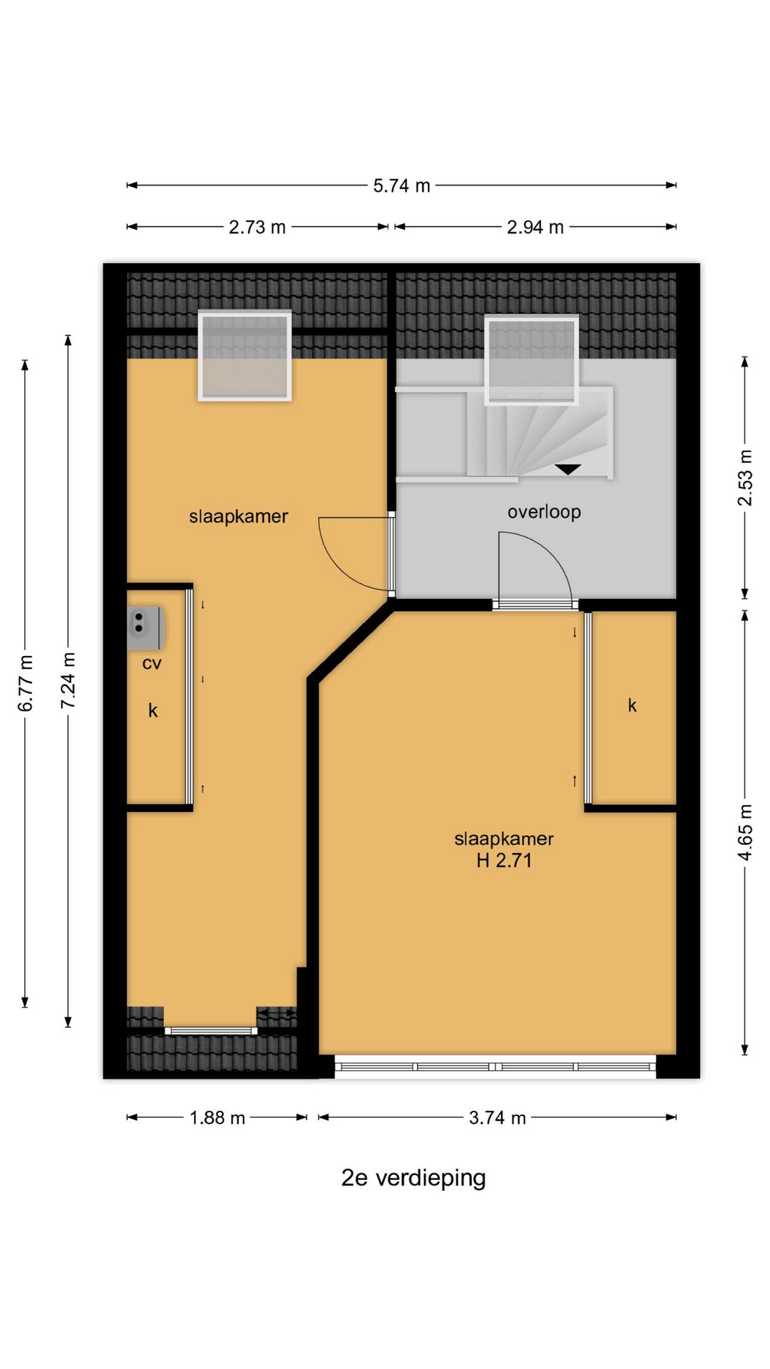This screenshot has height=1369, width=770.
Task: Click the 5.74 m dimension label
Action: pos(401,186)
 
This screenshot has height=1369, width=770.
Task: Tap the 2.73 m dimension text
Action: pos(257,227)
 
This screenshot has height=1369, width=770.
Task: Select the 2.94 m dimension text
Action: pos(535,227)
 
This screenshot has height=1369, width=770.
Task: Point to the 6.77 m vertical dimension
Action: pos(26,682)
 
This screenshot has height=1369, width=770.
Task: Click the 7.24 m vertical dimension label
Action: pos(68,680)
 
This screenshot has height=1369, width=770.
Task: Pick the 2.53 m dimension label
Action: pos(745,478)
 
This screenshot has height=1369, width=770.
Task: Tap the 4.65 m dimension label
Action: pos(745,832)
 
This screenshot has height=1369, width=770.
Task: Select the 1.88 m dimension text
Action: pos(217,1117)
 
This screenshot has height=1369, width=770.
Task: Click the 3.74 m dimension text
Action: pos(497,1117)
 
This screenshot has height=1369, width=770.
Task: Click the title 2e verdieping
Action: pos(414,1178)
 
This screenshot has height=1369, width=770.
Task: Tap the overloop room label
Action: pos(544,512)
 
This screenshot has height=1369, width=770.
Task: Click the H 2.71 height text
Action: pos(504,861)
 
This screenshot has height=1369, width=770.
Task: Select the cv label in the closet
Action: pos(152,664)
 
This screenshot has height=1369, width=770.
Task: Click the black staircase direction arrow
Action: pos(568,469)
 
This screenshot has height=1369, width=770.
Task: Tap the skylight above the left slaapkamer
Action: pos(245,355)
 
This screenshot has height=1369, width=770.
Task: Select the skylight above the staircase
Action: pos(531,361)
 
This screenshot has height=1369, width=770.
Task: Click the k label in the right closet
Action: pos(632,706)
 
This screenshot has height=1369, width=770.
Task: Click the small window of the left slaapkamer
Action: pos(211,1030)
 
